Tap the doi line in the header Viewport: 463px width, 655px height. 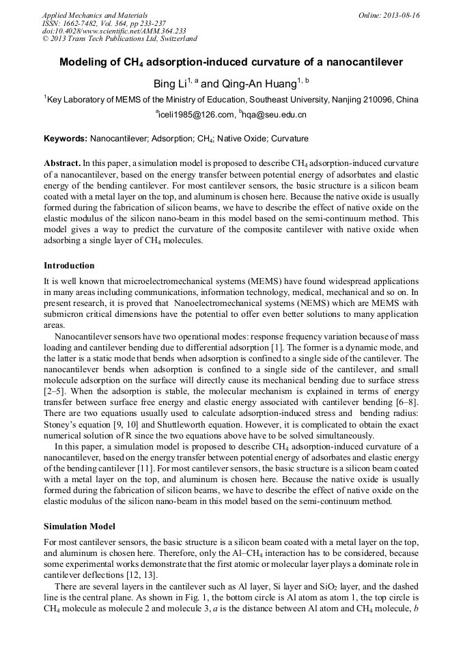pyautogui.click(x=114, y=31)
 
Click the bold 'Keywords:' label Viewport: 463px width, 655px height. pyautogui.click(x=66, y=139)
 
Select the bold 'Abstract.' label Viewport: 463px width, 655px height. pyautogui.click(x=62, y=164)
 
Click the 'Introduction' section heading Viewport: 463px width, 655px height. pyautogui.click(x=69, y=265)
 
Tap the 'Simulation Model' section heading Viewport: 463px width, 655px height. pyautogui.click(x=79, y=527)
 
